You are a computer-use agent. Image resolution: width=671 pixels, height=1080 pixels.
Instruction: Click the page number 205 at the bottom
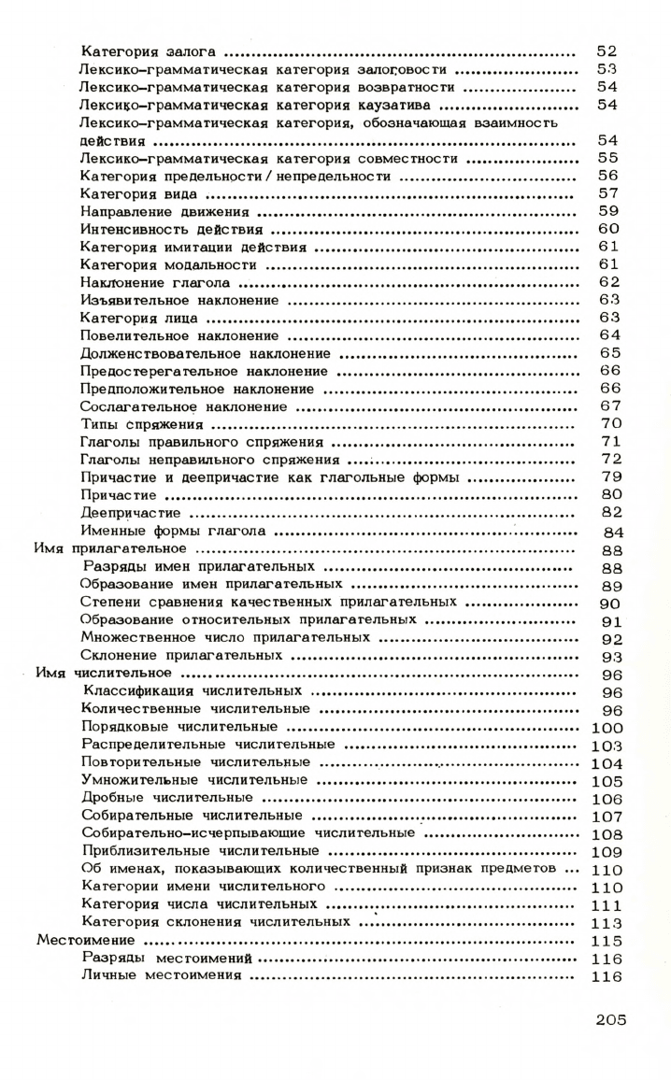[610, 1018]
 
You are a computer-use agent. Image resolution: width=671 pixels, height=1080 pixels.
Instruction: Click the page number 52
[607, 51]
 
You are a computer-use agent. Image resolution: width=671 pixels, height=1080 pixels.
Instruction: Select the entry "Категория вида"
[140, 193]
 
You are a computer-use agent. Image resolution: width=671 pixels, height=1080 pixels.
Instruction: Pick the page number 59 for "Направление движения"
[607, 211]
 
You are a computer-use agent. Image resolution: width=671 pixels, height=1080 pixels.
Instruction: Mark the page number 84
[610, 532]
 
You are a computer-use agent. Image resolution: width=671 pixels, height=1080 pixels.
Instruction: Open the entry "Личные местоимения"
[162, 976]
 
